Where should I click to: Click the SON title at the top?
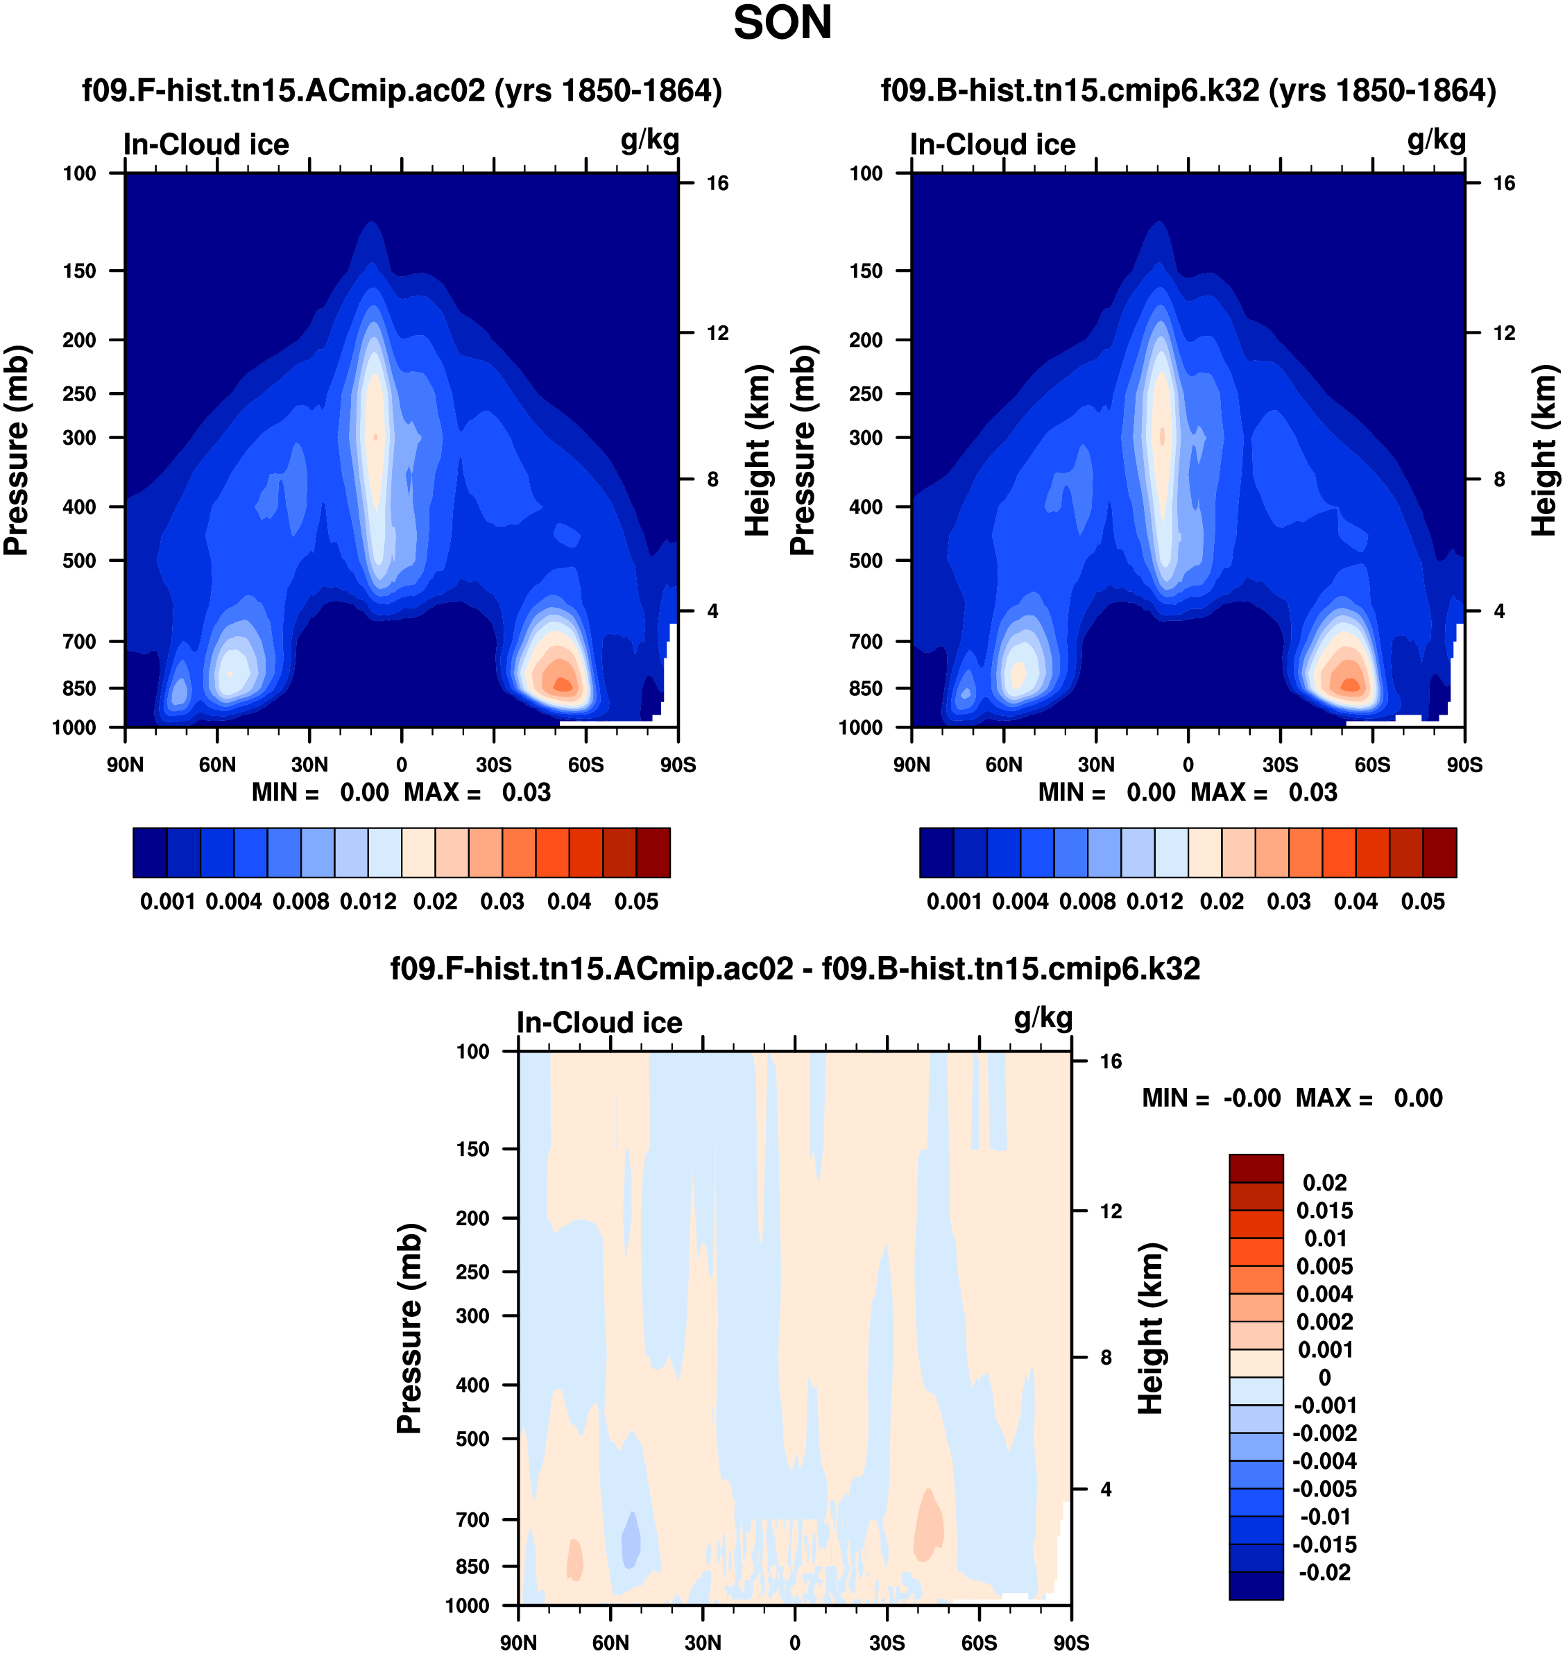pos(782,24)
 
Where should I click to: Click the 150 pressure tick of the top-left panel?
pos(79,271)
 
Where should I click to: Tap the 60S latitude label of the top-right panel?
pos(1371,765)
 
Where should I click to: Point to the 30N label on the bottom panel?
pos(703,1642)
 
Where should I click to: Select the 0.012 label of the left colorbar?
pos(368,902)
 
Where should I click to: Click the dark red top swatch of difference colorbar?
pos(1256,1168)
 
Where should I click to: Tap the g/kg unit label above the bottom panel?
pos(1043,1018)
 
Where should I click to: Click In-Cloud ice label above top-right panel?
pos(993,144)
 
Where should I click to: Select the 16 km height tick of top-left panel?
pos(717,184)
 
